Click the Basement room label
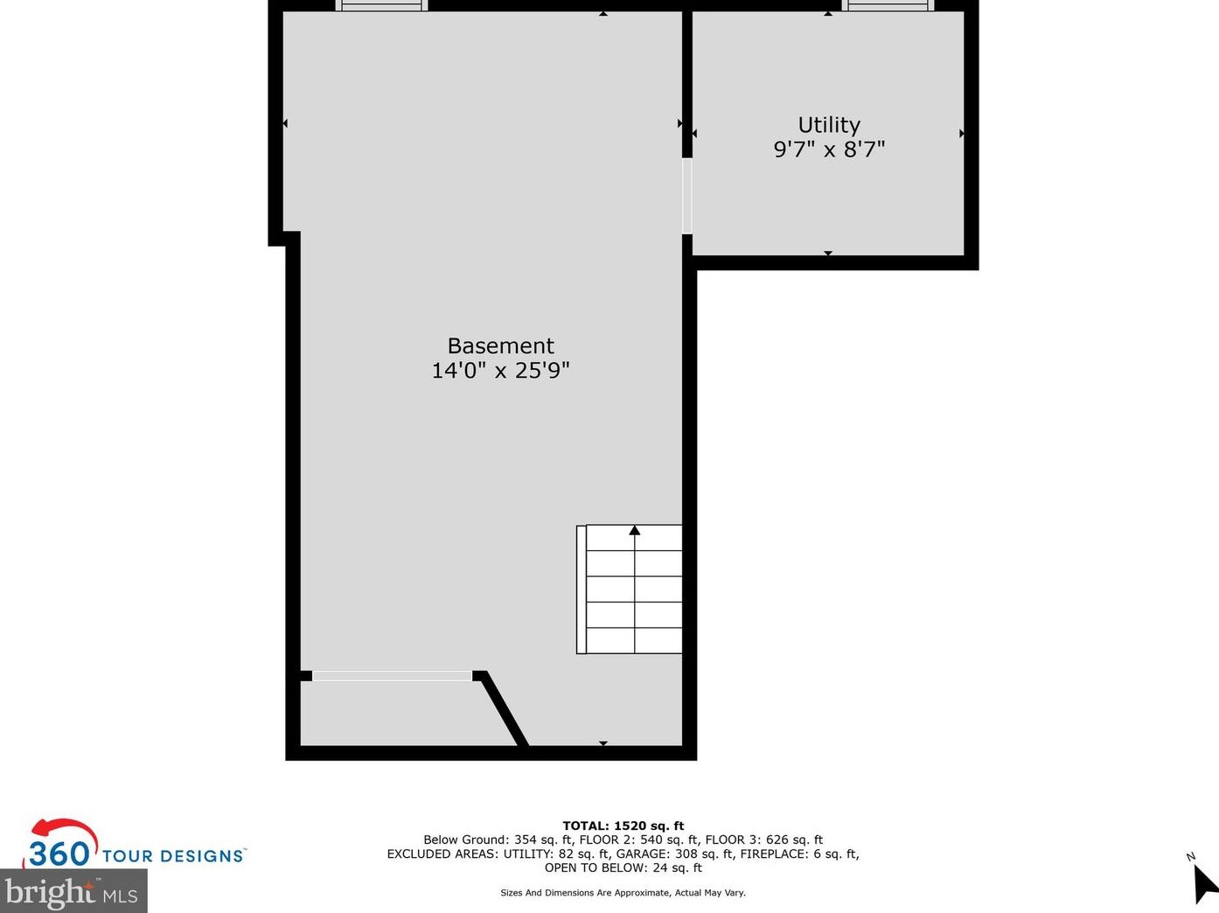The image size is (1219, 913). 500,345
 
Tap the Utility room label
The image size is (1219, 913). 829,125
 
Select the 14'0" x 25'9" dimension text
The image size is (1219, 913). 500,371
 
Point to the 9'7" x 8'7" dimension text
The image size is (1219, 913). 829,150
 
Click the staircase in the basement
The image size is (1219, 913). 630,589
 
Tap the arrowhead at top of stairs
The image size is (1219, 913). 635,530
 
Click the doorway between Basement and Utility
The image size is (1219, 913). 687,196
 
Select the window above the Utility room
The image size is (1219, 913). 888,5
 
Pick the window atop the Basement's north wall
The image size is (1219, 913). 381,5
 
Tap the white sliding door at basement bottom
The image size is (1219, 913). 392,676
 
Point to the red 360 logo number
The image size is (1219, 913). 59,853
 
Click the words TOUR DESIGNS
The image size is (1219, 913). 173,856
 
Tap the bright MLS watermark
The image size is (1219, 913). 73,893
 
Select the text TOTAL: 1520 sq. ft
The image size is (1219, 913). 623,826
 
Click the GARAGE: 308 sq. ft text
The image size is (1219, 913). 674,854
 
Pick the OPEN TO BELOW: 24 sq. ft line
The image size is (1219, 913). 623,868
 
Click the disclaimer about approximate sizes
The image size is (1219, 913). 623,893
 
